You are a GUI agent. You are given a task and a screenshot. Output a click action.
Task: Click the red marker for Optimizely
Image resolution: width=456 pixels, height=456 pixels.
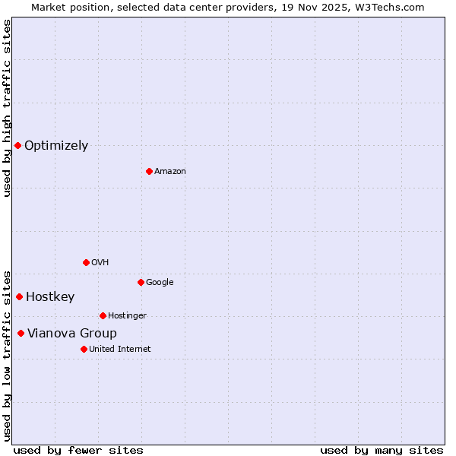pyautogui.click(x=17, y=145)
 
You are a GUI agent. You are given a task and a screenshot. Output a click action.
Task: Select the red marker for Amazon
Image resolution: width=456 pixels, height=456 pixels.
pyautogui.click(x=149, y=171)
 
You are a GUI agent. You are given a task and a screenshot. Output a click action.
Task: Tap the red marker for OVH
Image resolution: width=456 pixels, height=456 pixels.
pyautogui.click(x=86, y=262)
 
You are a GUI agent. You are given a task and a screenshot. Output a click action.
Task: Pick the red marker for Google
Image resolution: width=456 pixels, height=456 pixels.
pyautogui.click(x=141, y=282)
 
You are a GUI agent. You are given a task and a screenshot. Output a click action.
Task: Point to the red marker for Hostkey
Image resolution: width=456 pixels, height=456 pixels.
pyautogui.click(x=19, y=296)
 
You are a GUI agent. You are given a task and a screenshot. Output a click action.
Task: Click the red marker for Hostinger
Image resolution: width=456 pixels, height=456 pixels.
pyautogui.click(x=103, y=315)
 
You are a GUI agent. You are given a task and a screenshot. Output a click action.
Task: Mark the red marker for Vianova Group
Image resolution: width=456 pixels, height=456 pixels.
pyautogui.click(x=21, y=333)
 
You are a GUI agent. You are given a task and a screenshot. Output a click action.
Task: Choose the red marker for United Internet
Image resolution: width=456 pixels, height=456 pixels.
pyautogui.click(x=84, y=349)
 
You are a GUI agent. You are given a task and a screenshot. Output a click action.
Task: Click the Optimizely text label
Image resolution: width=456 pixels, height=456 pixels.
pyautogui.click(x=56, y=146)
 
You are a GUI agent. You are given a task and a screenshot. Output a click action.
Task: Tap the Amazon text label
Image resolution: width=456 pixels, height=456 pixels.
pyautogui.click(x=170, y=172)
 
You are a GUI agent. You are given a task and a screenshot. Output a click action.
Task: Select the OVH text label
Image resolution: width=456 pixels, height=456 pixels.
pyautogui.click(x=100, y=263)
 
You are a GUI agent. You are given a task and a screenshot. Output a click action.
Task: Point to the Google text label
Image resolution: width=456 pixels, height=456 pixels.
pyautogui.click(x=160, y=283)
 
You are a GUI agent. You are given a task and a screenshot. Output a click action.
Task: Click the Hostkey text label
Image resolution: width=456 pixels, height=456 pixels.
pyautogui.click(x=50, y=297)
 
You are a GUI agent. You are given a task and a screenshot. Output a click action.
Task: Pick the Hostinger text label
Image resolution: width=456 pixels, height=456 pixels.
pyautogui.click(x=127, y=316)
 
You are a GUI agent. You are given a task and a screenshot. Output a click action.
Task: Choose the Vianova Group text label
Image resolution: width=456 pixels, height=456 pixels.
pyautogui.click(x=72, y=334)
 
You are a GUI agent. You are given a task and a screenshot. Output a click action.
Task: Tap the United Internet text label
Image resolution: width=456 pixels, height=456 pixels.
pyautogui.click(x=120, y=350)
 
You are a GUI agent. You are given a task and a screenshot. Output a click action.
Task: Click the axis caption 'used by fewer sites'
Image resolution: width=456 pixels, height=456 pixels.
pyautogui.click(x=78, y=450)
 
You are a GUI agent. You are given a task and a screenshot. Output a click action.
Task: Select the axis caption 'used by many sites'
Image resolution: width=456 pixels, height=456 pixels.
pyautogui.click(x=382, y=450)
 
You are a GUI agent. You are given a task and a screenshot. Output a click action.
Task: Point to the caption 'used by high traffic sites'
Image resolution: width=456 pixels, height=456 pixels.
pyautogui.click(x=7, y=108)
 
